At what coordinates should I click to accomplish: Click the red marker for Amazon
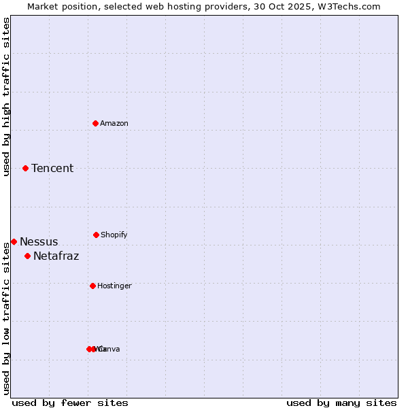[x=96, y=123]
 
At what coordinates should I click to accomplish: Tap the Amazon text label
[x=114, y=123]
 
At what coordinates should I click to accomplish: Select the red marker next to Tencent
[x=26, y=168]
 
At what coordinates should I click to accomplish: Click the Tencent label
[x=52, y=168]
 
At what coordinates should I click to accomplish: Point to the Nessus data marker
[x=14, y=241]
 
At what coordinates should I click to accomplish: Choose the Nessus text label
[x=39, y=241]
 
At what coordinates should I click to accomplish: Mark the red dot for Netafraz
[x=28, y=256]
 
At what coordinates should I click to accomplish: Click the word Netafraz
[x=56, y=256]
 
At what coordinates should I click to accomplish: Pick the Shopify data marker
[x=96, y=235]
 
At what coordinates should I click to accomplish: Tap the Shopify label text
[x=114, y=235]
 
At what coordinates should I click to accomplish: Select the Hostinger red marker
[x=92, y=286]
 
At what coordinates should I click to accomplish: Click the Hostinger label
[x=114, y=286]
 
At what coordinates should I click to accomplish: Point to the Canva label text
[x=110, y=349]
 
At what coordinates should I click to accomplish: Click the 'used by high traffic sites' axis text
[x=6, y=97]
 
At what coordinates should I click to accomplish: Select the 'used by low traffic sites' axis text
[x=6, y=318]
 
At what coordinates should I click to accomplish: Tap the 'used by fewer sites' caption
[x=70, y=403]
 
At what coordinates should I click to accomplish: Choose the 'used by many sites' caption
[x=341, y=403]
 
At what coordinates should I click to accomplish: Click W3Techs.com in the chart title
[x=352, y=6]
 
